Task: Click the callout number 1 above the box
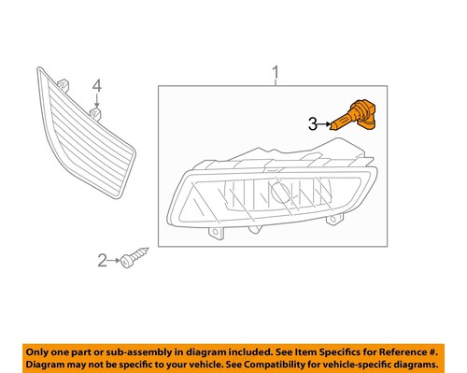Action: pos(276,72)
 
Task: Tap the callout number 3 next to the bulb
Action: pos(315,122)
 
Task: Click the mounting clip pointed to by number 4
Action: pos(96,115)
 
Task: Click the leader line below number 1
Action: pos(276,82)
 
